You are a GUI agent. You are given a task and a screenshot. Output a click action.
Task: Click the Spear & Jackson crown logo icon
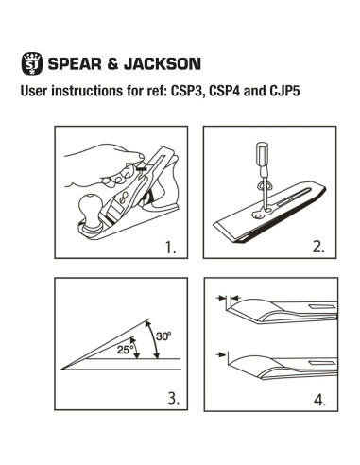pos(31,65)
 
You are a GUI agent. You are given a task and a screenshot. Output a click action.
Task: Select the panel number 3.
pos(172,397)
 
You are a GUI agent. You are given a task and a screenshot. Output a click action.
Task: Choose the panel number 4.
pos(319,398)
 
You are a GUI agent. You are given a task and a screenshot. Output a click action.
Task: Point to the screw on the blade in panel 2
pos(262,199)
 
